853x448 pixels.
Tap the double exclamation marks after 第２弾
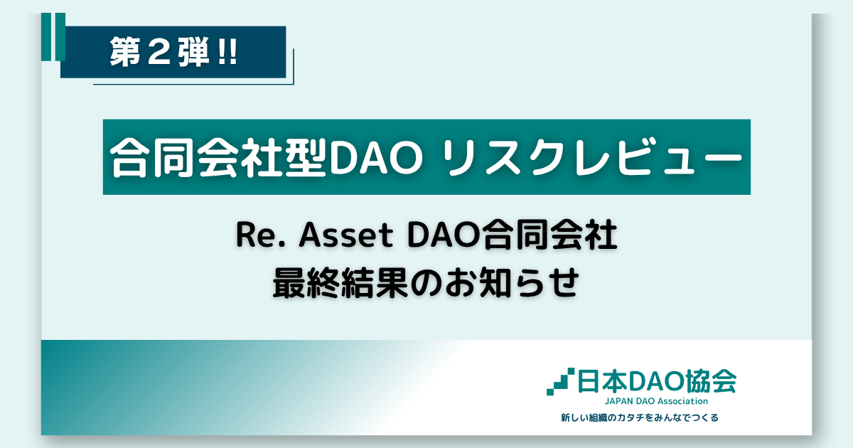click(x=228, y=52)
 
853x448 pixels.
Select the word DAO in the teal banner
click(x=375, y=157)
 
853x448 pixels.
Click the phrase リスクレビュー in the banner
click(x=594, y=157)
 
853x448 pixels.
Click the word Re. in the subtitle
click(x=261, y=235)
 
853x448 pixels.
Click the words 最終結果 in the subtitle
click(x=341, y=283)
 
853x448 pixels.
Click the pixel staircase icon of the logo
click(x=561, y=381)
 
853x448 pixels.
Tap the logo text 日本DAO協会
click(x=657, y=381)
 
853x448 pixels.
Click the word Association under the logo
click(x=683, y=401)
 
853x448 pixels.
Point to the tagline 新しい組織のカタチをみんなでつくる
click(x=640, y=418)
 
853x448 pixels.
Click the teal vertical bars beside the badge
click(x=53, y=36)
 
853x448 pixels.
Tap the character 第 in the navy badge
click(x=124, y=52)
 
